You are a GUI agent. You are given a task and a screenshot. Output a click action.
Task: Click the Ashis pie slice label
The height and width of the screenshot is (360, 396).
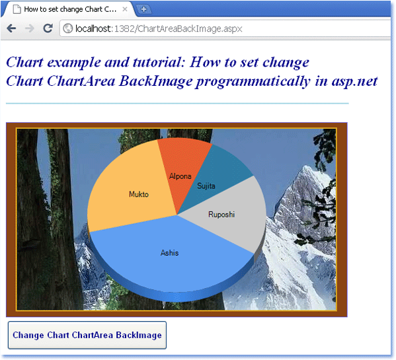tap(169, 253)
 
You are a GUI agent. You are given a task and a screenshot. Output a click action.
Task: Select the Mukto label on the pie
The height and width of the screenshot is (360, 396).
tap(139, 194)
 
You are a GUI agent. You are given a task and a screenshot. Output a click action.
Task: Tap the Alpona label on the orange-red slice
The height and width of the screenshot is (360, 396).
tap(180, 176)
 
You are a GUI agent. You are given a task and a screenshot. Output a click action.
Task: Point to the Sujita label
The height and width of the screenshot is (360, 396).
tap(206, 186)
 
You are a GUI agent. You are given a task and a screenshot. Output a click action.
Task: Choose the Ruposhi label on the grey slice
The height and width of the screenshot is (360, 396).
tap(221, 215)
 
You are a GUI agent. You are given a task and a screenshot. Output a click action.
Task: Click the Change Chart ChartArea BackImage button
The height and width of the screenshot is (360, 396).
tap(87, 335)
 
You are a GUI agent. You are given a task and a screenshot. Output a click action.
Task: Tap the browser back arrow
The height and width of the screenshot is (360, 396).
tap(11, 28)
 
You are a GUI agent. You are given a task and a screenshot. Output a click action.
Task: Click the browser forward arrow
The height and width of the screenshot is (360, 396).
tap(30, 28)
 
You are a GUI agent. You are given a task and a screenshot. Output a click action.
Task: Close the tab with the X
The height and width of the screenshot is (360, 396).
tap(125, 9)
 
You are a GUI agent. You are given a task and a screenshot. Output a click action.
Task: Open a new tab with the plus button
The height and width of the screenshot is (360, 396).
tap(143, 10)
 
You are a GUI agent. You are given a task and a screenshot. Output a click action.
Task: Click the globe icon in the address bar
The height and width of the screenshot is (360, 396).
tap(67, 28)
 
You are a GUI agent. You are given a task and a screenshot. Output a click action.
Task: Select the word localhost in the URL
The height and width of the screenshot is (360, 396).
tap(93, 28)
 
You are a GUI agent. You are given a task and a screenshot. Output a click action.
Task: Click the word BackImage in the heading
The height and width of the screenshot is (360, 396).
tap(156, 82)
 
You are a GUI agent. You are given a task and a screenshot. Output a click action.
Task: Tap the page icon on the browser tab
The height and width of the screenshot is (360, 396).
tap(17, 9)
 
